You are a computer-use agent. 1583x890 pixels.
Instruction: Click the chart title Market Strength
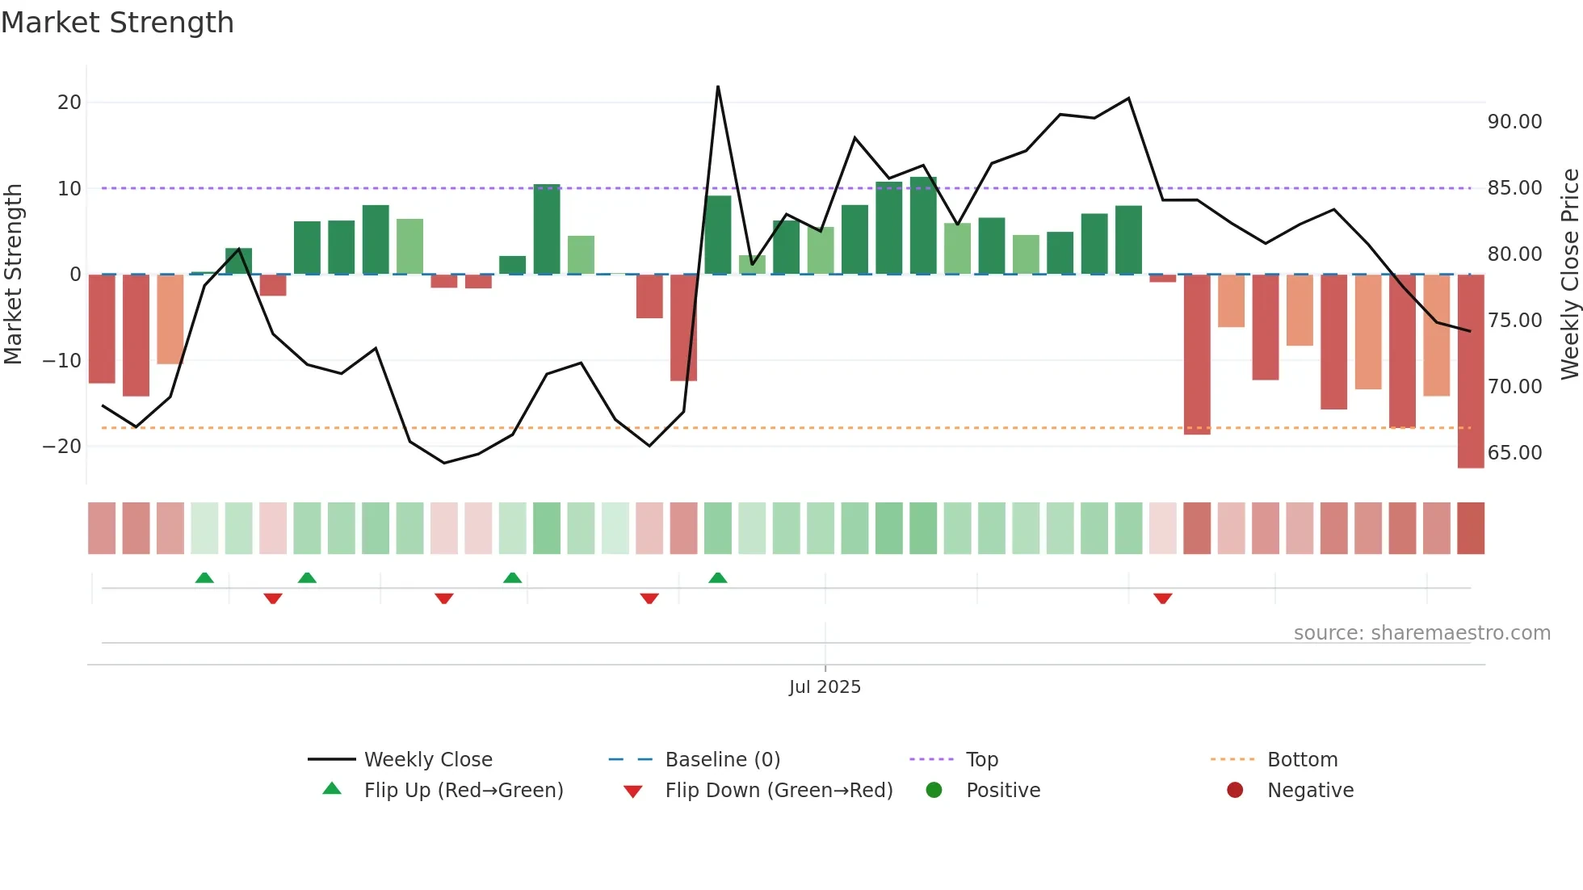point(117,23)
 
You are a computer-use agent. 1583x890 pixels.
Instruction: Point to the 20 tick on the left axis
point(69,103)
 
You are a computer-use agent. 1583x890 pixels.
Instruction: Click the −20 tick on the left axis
point(62,447)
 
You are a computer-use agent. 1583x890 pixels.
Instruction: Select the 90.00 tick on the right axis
point(1514,122)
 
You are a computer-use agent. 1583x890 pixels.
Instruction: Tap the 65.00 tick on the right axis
point(1514,453)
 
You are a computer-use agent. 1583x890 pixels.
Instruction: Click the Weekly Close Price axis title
point(1569,274)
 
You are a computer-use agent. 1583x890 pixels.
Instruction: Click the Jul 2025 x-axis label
point(825,687)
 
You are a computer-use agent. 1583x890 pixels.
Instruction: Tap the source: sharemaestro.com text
point(1421,633)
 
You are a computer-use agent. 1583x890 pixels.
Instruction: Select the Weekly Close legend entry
point(427,760)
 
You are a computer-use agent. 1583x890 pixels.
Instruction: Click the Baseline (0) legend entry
point(722,760)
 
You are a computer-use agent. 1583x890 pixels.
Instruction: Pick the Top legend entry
point(981,760)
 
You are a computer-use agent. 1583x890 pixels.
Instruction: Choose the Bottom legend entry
point(1302,760)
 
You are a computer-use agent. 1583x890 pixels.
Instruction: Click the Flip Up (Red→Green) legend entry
point(463,791)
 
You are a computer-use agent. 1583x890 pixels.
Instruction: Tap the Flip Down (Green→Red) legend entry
point(779,791)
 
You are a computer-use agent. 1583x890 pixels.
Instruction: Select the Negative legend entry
point(1309,791)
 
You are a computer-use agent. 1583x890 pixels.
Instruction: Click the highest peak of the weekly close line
point(718,86)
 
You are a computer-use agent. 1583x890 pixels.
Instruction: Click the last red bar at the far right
point(1471,372)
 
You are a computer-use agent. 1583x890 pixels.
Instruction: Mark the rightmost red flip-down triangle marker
point(1163,598)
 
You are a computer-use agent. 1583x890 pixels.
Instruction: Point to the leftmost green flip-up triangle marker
point(204,577)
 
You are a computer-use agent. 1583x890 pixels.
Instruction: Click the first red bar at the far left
point(102,329)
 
